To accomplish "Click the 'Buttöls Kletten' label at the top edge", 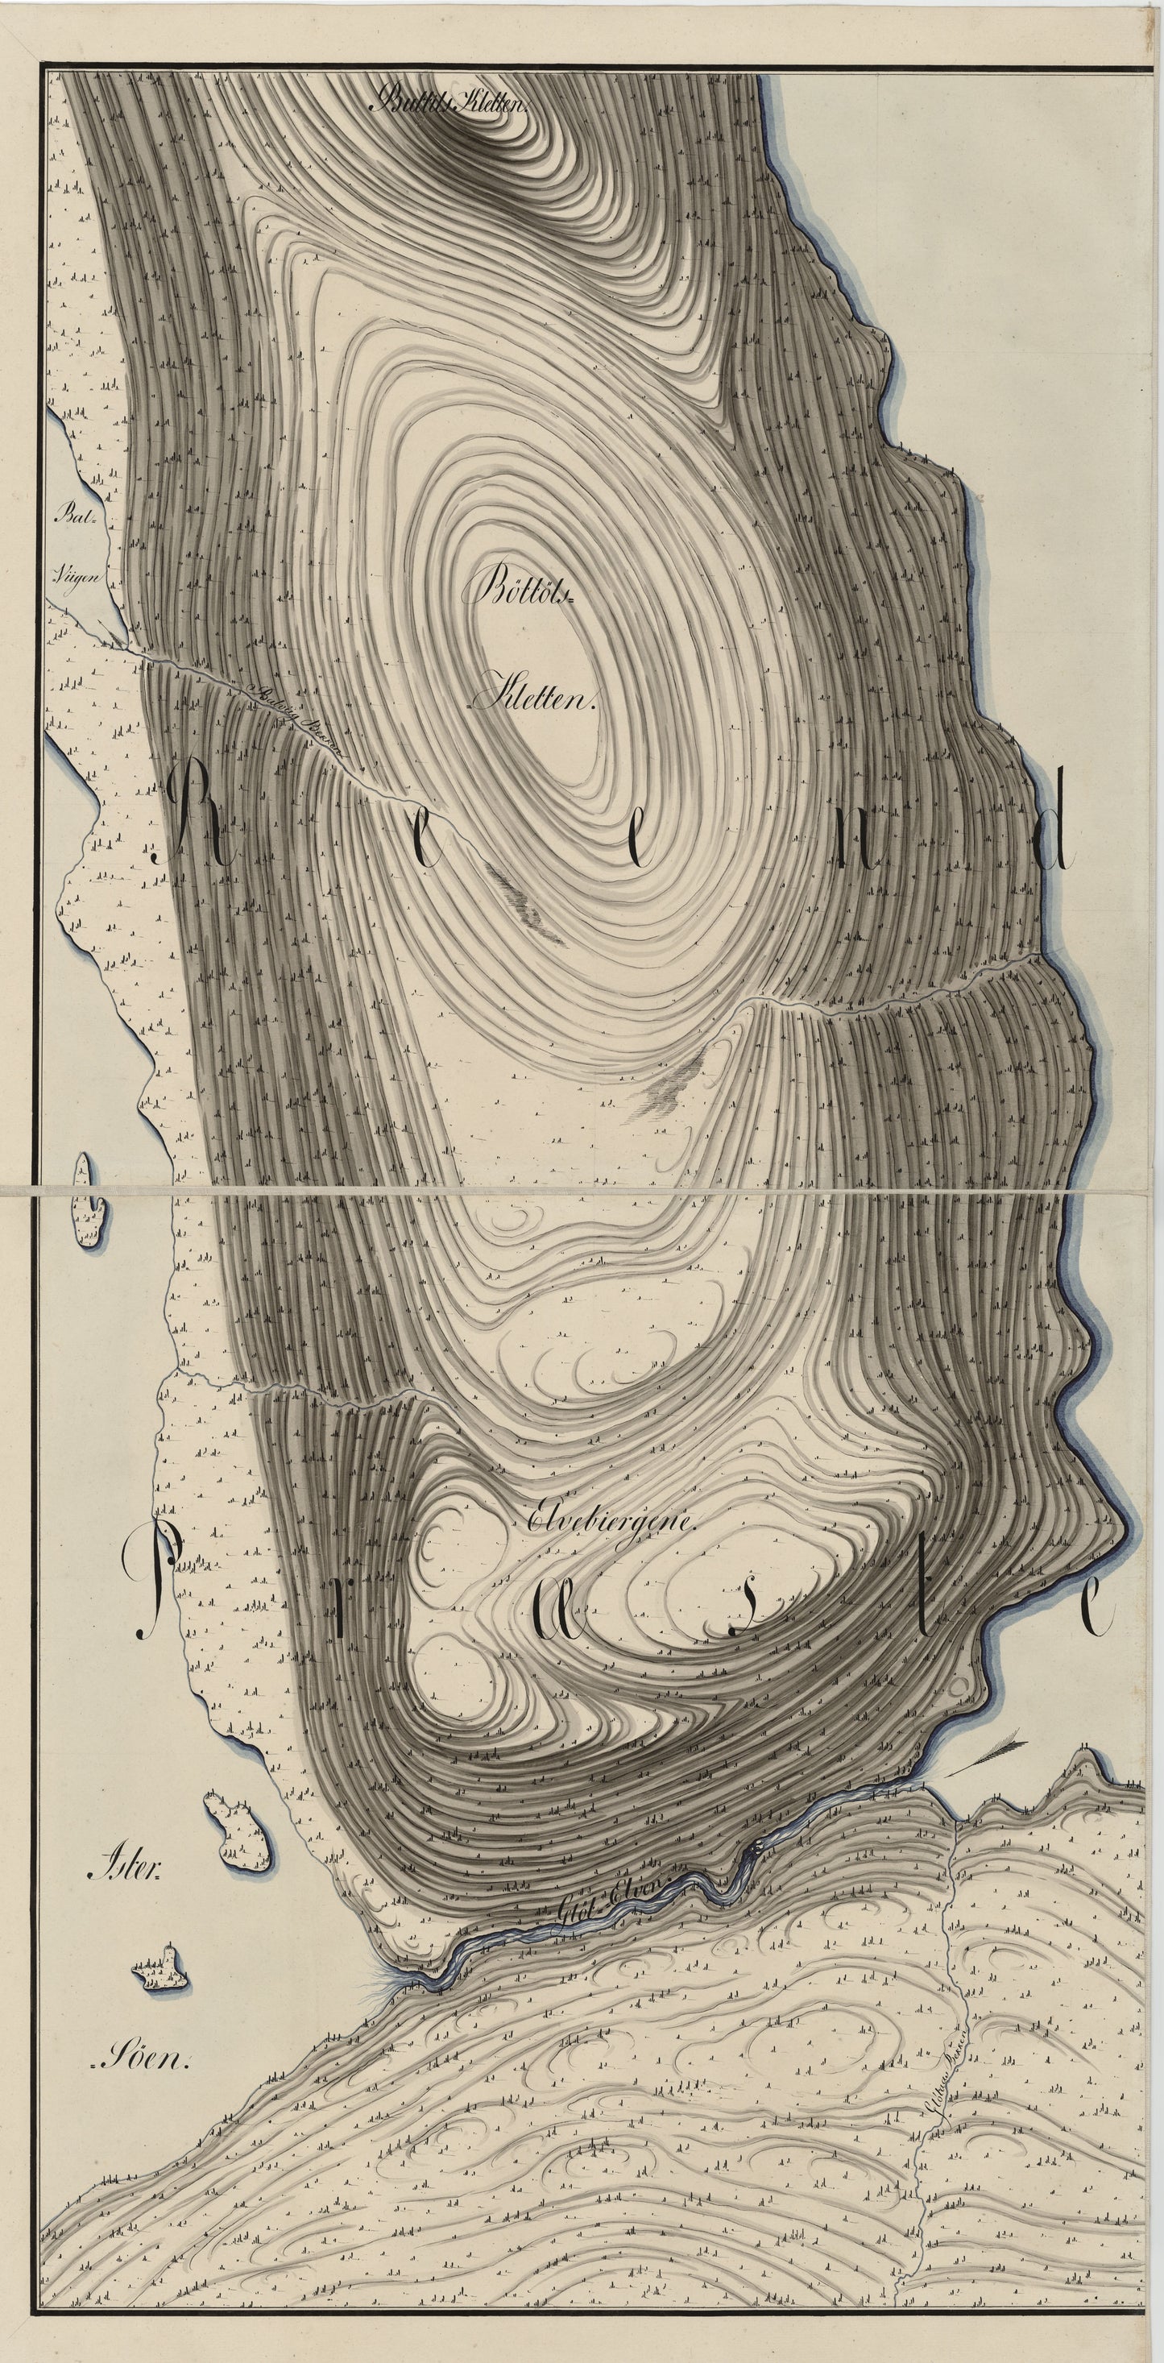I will (447, 103).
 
